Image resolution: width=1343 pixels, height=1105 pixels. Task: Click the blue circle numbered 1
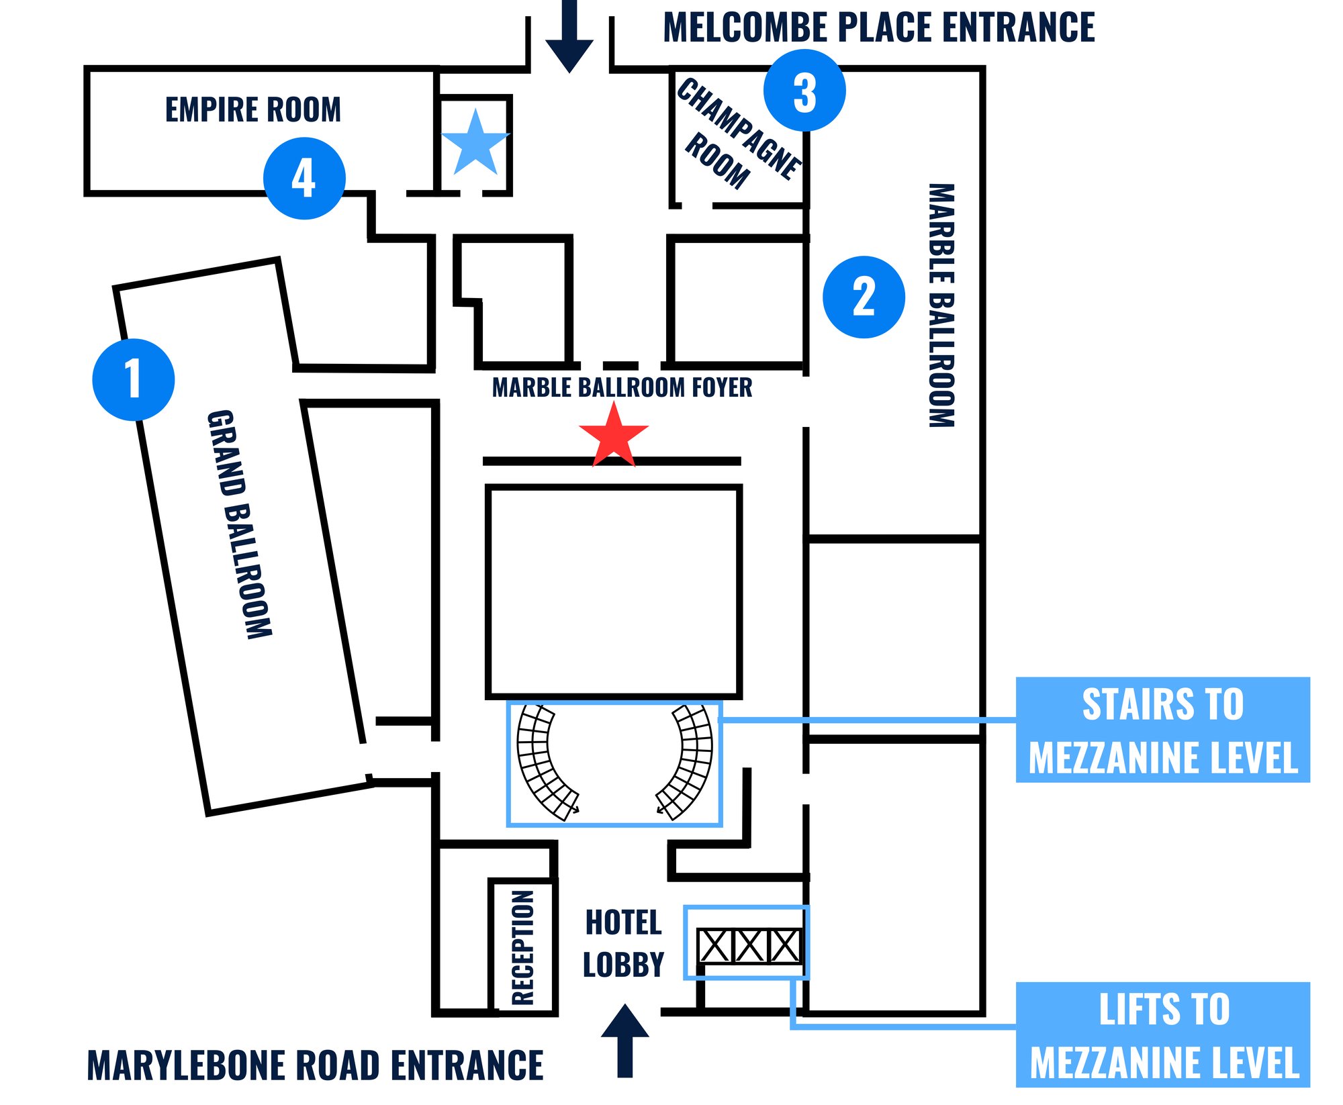point(134,380)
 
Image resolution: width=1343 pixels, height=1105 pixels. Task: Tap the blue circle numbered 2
point(864,297)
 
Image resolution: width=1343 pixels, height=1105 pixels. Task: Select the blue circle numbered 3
point(804,91)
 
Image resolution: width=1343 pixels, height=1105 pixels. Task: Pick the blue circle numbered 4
point(304,179)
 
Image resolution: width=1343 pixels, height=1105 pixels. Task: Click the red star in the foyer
point(614,437)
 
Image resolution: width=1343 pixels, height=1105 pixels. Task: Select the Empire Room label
point(253,109)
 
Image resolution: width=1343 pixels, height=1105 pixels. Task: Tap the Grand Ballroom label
point(239,524)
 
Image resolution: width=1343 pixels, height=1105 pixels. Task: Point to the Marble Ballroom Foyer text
point(622,388)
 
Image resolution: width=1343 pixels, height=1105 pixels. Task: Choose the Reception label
point(522,947)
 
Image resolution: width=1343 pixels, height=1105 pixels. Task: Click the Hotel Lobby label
point(623,943)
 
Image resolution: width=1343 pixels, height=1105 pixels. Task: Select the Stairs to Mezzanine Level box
point(1162,730)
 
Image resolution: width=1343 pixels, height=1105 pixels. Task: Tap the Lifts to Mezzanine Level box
point(1162,1035)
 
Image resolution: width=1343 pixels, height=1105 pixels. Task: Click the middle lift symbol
point(749,946)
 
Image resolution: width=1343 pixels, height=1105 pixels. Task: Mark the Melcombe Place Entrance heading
point(879,28)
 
